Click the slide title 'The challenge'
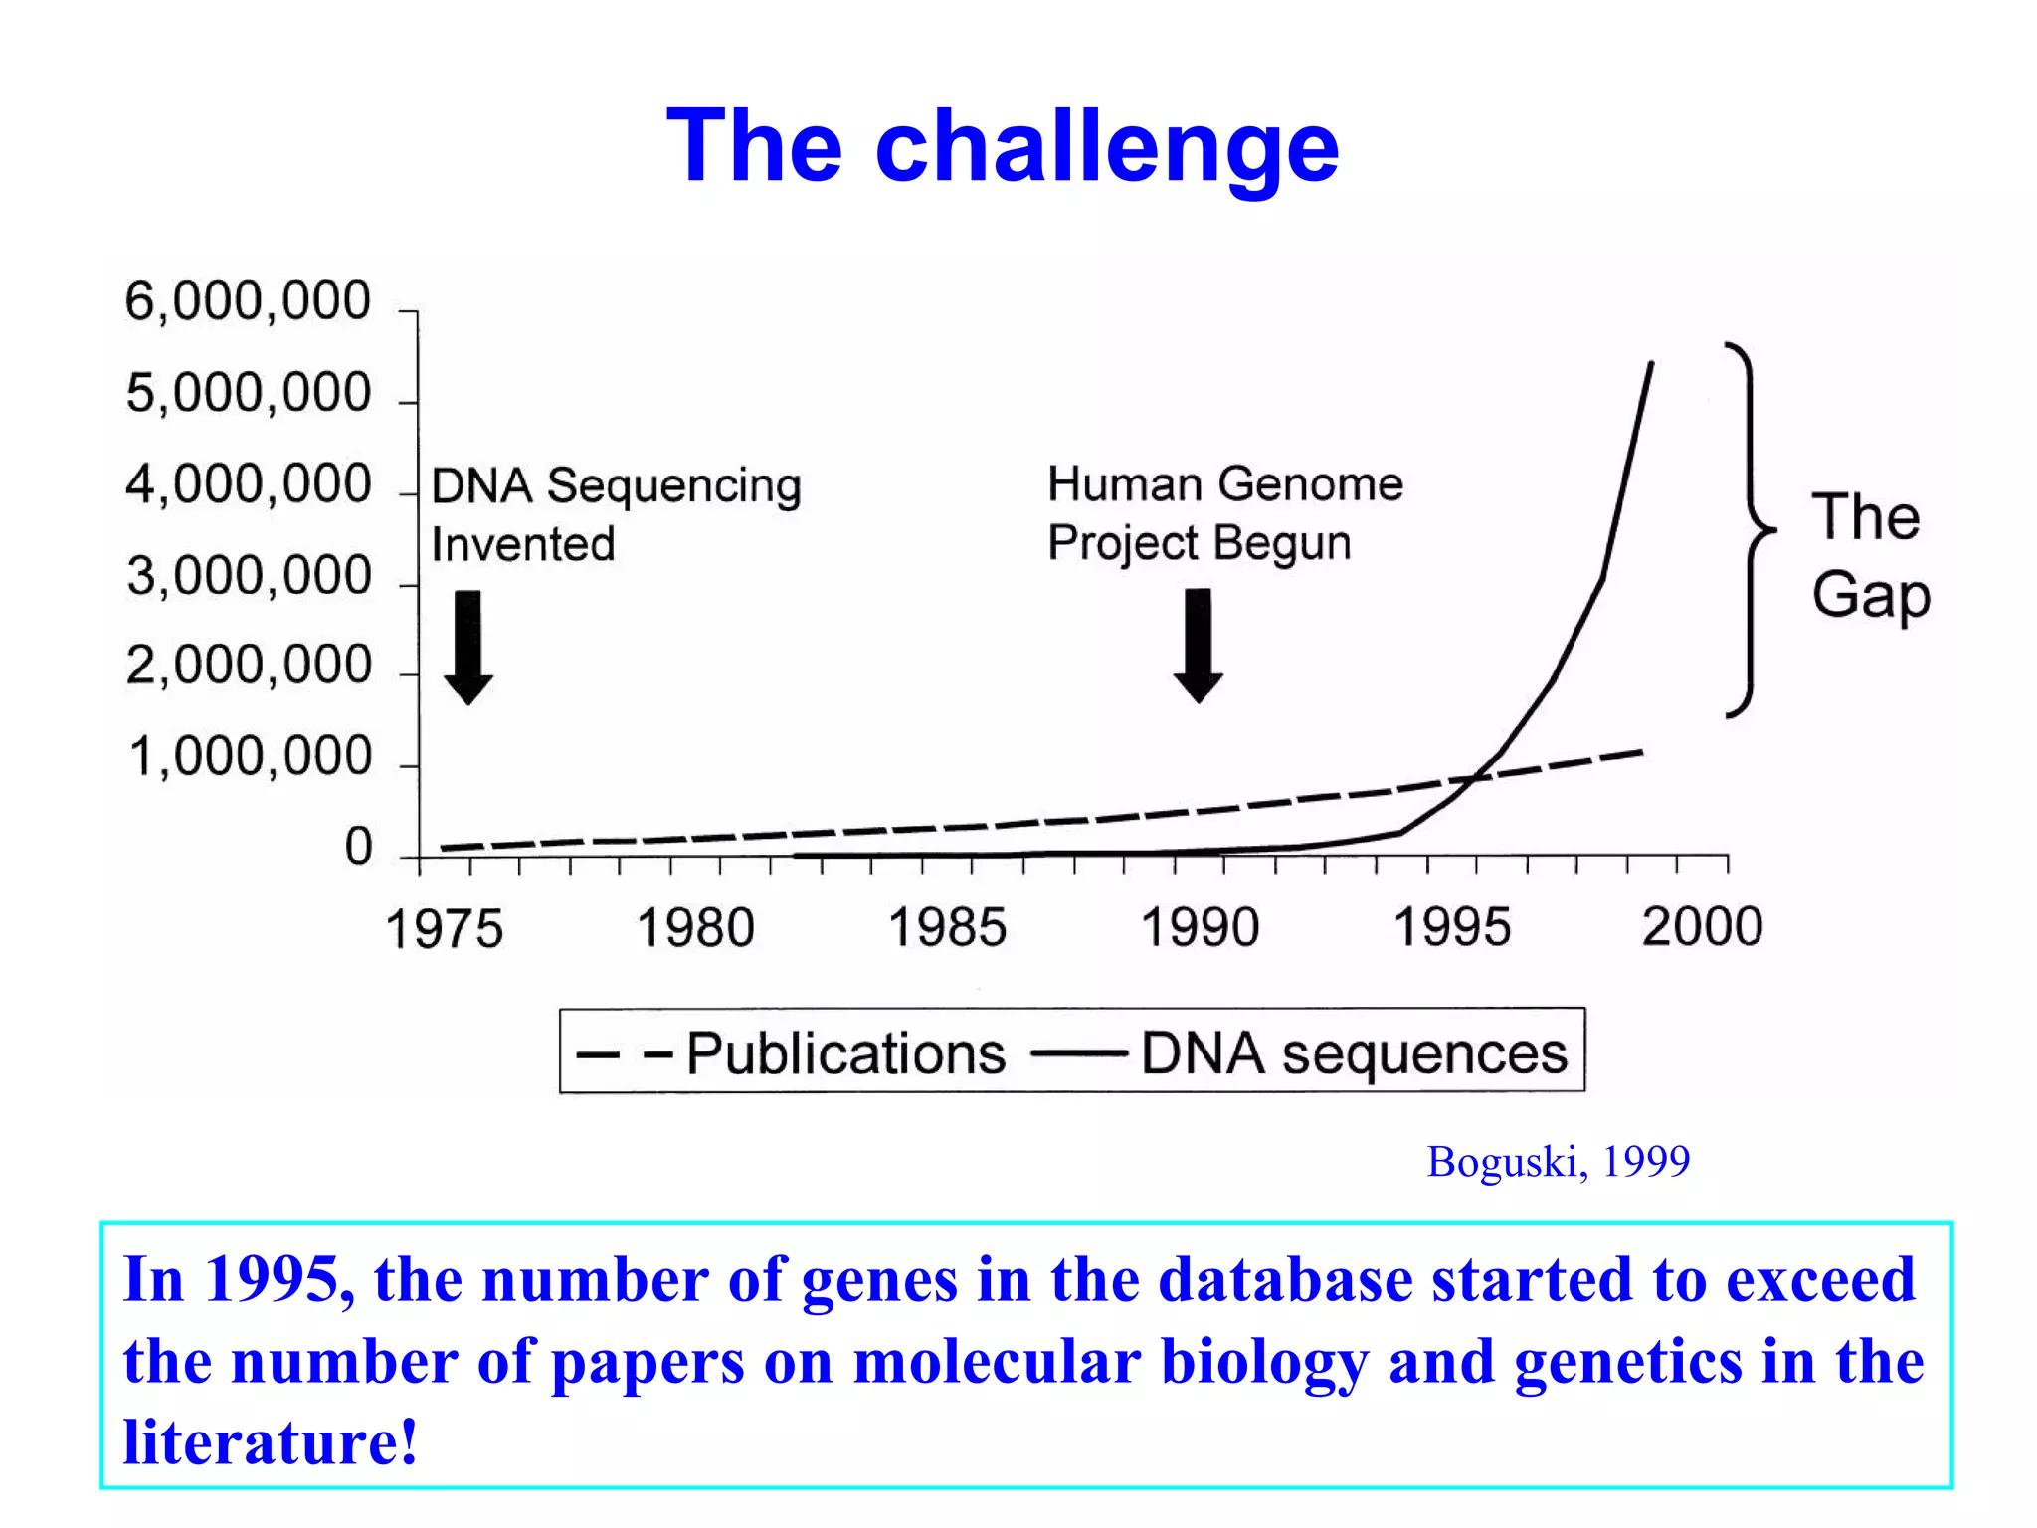click(1003, 147)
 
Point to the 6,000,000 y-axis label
click(248, 300)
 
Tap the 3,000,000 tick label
click(249, 576)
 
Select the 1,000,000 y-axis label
click(251, 757)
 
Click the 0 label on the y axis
click(358, 847)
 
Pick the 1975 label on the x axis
click(444, 930)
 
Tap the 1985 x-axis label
click(947, 928)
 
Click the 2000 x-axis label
click(1702, 927)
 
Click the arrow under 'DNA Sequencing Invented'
click(468, 647)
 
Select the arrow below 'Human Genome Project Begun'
click(1199, 645)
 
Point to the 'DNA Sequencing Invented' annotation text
click(615, 514)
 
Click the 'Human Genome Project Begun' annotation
click(1224, 513)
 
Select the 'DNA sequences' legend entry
click(1353, 1052)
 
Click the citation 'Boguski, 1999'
click(1558, 1162)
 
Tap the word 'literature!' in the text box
click(270, 1441)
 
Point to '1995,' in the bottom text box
click(279, 1279)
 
